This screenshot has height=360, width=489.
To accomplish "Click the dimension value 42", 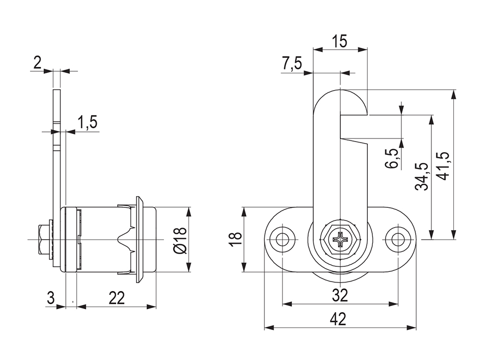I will (338, 319).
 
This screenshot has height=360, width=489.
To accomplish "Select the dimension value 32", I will (340, 295).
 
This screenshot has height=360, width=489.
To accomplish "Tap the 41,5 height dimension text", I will (444, 165).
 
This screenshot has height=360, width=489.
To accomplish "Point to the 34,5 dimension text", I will (421, 176).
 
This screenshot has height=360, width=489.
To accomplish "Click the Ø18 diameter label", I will (180, 240).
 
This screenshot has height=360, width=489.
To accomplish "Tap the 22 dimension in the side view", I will (117, 298).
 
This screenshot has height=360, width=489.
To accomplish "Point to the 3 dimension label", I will (50, 298).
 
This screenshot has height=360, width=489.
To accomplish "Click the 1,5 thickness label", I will (87, 122).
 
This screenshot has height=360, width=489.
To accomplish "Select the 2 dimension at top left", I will (37, 63).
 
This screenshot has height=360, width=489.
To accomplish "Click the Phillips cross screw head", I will (340, 239).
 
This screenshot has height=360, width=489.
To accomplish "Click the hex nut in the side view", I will (43, 239).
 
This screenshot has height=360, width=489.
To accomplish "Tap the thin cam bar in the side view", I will (57, 153).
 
